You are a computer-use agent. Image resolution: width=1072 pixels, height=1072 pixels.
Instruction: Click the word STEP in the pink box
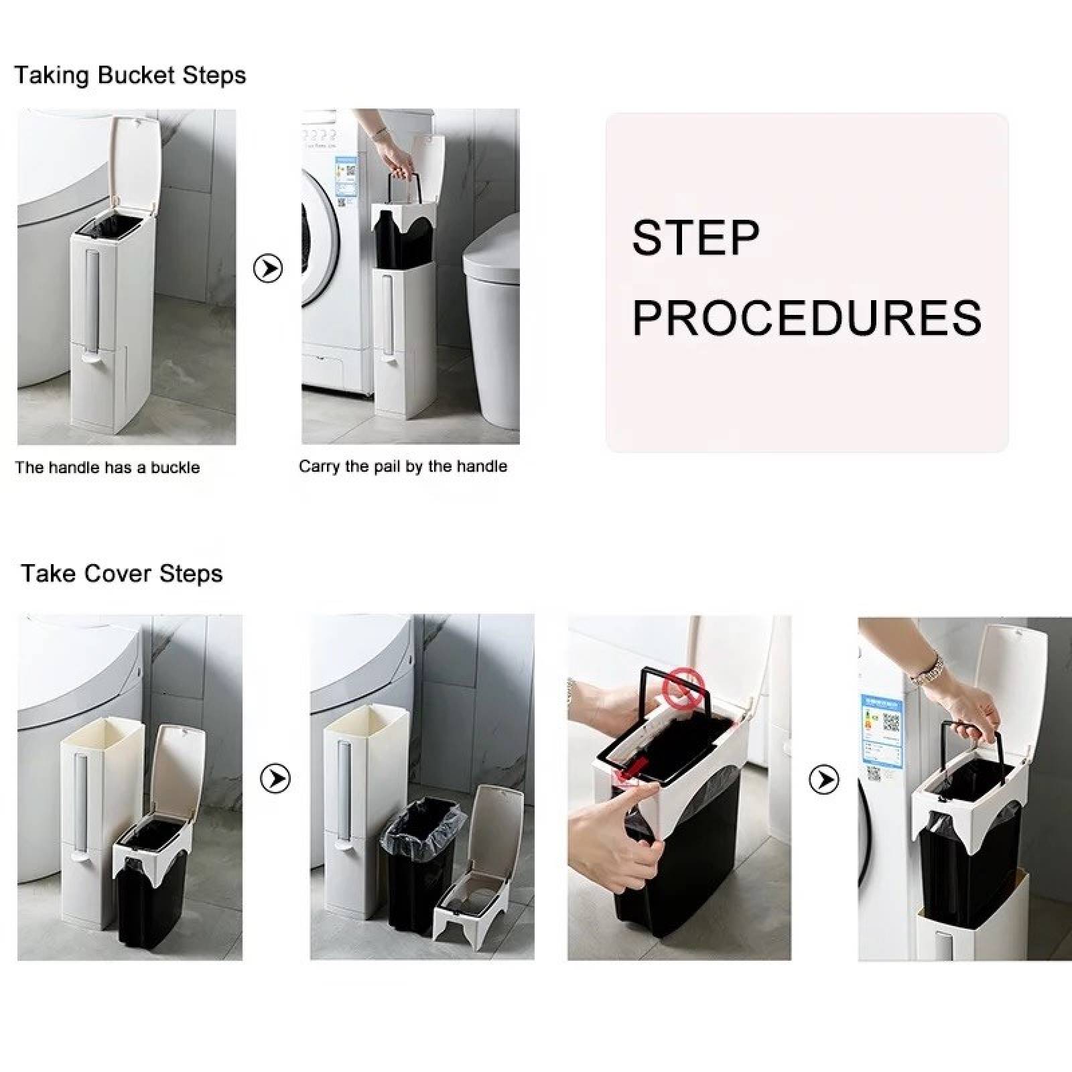[695, 237]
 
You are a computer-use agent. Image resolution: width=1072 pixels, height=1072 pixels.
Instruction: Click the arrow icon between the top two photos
[268, 269]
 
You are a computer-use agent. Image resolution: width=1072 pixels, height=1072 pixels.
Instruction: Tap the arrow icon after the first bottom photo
[275, 779]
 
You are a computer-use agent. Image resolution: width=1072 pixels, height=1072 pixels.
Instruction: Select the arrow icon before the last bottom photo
[824, 779]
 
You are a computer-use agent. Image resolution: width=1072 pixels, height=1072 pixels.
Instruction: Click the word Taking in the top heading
[52, 75]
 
